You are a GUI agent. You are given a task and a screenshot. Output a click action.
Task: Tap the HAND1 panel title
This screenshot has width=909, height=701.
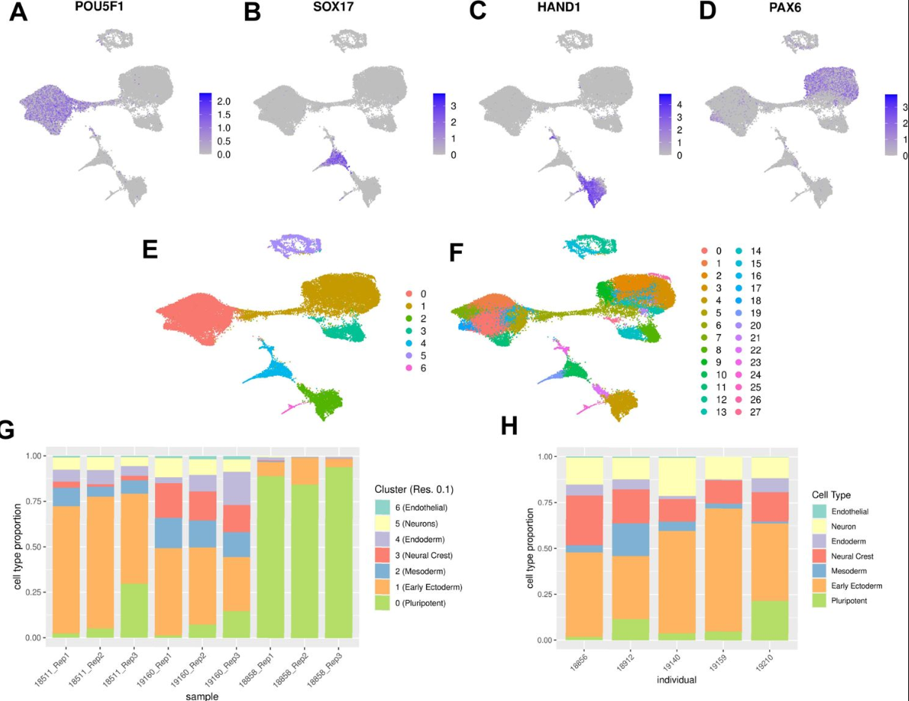557,9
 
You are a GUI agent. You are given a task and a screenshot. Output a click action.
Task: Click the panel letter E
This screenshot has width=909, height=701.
150,249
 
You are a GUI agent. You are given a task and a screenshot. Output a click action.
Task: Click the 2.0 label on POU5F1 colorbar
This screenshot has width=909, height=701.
223,101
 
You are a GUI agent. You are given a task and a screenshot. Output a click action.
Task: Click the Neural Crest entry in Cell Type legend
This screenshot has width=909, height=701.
842,556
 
